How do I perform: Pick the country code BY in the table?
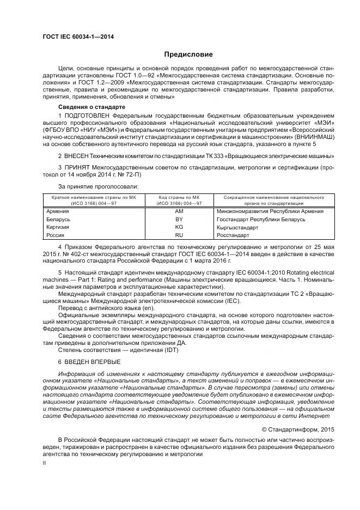tap(179, 220)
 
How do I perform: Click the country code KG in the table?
tap(179, 227)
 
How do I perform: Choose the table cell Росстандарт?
tap(233, 235)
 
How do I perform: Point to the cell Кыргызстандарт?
tap(238, 227)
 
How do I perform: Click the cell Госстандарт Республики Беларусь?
tap(260, 220)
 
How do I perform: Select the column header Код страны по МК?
tap(179, 197)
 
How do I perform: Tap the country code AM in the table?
tap(179, 211)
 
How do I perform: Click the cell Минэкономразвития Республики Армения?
tap(270, 211)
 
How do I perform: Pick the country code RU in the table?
tap(179, 235)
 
